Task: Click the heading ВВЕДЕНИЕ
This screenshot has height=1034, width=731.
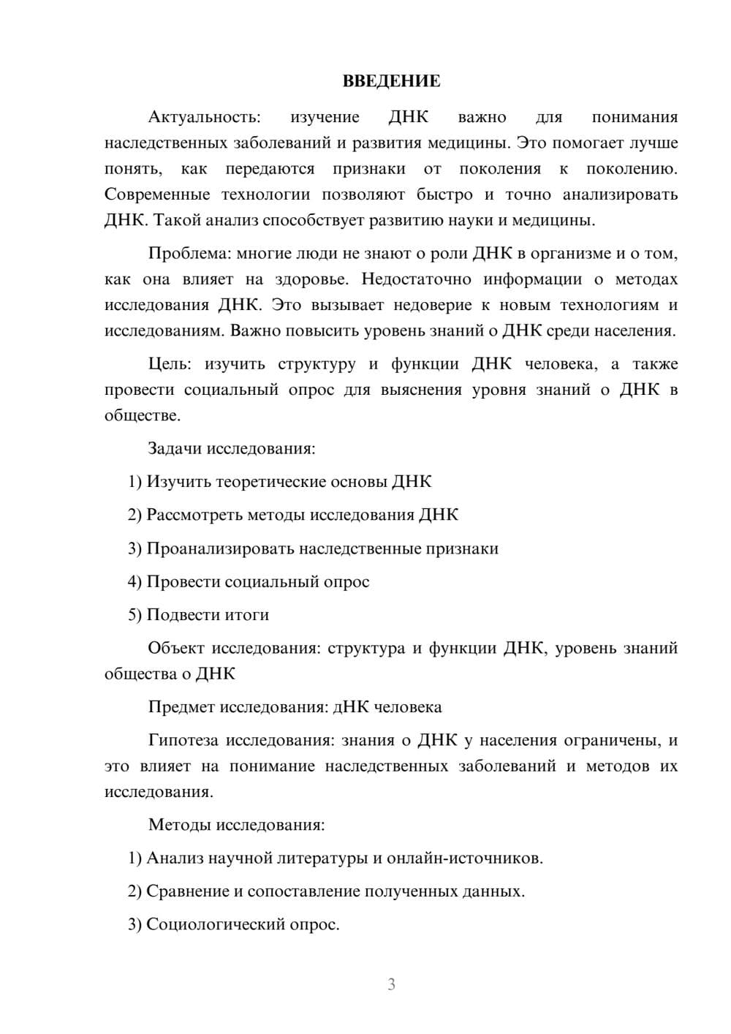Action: (x=391, y=81)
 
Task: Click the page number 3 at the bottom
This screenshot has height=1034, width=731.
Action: (x=391, y=984)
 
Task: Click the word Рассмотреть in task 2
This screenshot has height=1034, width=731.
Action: (x=194, y=515)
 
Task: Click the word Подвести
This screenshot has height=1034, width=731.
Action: (x=181, y=615)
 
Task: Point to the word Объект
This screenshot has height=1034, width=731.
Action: (x=176, y=649)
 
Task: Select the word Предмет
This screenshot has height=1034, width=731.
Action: (x=181, y=707)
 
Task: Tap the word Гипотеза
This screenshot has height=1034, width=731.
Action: (x=183, y=741)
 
